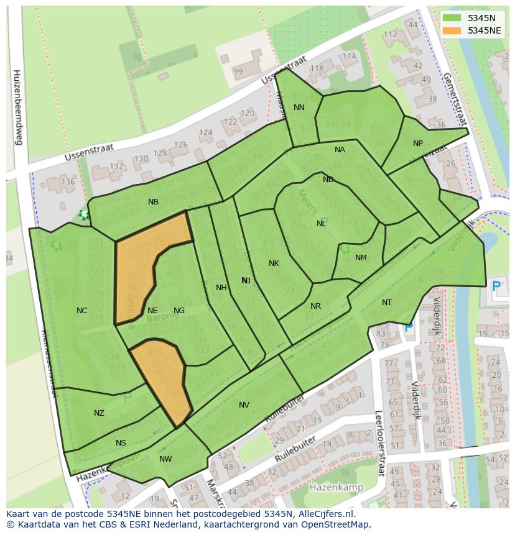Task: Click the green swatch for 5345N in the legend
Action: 452,18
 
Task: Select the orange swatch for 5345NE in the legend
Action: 452,30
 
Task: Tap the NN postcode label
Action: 299,107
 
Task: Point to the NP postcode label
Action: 418,144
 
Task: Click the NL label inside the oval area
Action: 322,224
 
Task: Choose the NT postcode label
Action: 387,303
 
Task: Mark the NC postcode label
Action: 81,311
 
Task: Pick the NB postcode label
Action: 153,202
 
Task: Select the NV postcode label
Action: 244,405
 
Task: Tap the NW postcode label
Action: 165,459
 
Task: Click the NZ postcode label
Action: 99,413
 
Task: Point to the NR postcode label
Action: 315,306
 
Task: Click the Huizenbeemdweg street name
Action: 17,106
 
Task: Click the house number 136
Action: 68,182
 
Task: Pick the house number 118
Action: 317,68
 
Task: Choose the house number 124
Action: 206,133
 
